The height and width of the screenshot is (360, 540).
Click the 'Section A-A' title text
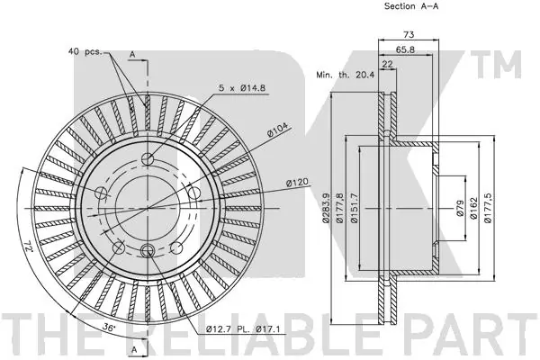coord(411,6)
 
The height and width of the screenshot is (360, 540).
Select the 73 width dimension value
coord(409,34)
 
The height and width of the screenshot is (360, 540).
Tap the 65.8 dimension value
coord(405,49)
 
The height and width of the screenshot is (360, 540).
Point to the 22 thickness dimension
coord(388,64)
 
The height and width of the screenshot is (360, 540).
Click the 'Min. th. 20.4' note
coord(345,75)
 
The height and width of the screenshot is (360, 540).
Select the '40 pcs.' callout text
coord(85,51)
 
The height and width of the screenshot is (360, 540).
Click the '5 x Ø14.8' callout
coord(242,88)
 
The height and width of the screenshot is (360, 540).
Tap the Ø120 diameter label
coord(297,183)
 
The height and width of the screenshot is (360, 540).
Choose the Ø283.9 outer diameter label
coord(326,208)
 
